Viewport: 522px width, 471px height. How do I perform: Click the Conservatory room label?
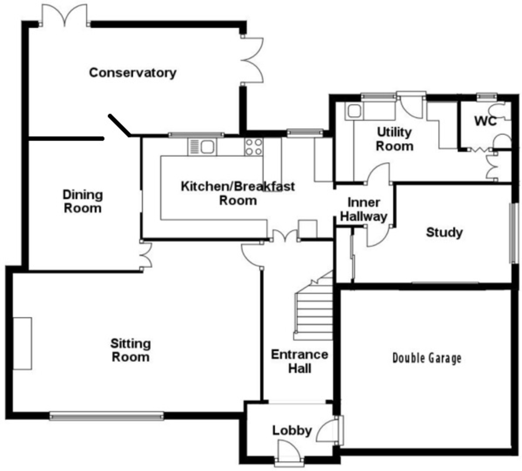pyautogui.click(x=133, y=72)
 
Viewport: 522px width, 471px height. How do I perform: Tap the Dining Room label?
pyautogui.click(x=83, y=201)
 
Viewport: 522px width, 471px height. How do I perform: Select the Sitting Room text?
pyautogui.click(x=130, y=350)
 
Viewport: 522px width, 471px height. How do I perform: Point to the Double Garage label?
pyautogui.click(x=427, y=358)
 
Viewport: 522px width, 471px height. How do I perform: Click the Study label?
pyautogui.click(x=444, y=232)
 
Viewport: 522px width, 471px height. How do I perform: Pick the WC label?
pyautogui.click(x=485, y=121)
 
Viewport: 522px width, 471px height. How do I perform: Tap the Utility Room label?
pyautogui.click(x=395, y=139)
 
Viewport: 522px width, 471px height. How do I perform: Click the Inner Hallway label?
pyautogui.click(x=364, y=209)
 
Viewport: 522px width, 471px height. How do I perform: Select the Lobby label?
pyautogui.click(x=292, y=431)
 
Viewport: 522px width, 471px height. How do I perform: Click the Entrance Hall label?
pyautogui.click(x=299, y=362)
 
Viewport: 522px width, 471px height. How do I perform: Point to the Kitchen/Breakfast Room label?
pyautogui.click(x=238, y=193)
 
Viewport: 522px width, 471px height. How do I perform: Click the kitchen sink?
pyautogui.click(x=202, y=146)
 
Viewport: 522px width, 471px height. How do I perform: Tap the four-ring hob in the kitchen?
pyautogui.click(x=254, y=146)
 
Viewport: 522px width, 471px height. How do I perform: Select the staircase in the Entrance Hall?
pyautogui.click(x=314, y=308)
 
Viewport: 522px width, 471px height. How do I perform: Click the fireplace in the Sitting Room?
pyautogui.click(x=22, y=343)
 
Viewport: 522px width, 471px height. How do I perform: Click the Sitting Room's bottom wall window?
pyautogui.click(x=107, y=416)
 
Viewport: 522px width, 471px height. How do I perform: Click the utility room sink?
pyautogui.click(x=353, y=112)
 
